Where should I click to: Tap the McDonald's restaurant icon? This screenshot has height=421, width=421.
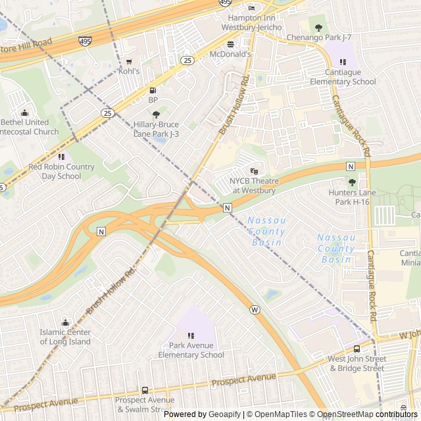pos(230,44)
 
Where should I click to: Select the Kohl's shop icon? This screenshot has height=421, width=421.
pos(129,61)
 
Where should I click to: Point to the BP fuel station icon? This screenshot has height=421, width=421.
pos(153,90)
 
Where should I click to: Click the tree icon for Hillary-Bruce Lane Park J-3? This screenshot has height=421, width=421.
pos(156,114)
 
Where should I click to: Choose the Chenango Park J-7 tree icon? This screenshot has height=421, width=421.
pos(319,28)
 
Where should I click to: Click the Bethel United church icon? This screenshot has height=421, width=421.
pos(24,112)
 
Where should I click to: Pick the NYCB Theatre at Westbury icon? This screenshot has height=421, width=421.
pos(255,171)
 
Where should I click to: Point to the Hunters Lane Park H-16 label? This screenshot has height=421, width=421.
pos(349,197)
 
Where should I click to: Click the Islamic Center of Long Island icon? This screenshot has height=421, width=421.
pos(65,322)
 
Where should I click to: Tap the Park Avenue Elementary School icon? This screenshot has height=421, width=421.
pos(191,335)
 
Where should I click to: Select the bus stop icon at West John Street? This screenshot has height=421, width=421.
pos(357,349)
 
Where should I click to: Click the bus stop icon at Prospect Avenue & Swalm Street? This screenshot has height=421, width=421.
pos(145,390)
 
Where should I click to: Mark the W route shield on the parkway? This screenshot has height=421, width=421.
pos(255,309)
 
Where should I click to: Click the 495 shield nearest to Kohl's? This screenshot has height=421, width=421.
pos(85,41)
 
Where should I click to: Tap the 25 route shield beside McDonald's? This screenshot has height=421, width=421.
pos(188,61)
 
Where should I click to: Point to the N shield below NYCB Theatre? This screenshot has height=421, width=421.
pos(227,208)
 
